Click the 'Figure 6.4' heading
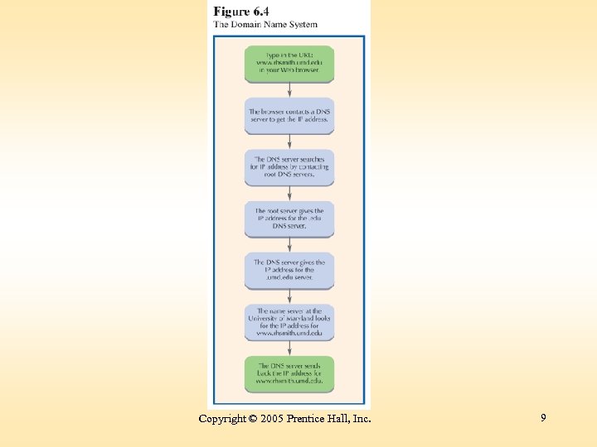[x=241, y=12]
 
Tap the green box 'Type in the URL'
[x=289, y=64]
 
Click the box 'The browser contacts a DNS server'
[x=289, y=115]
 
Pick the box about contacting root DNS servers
[x=289, y=166]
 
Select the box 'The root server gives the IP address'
[x=289, y=218]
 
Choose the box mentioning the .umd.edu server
[x=289, y=270]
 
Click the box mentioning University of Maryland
[x=289, y=322]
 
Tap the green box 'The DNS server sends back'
[x=289, y=374]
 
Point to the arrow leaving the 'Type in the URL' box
[x=289, y=90]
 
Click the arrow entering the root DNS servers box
[x=289, y=142]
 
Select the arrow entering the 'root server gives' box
[x=289, y=193]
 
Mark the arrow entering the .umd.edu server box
[x=289, y=244]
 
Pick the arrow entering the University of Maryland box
[x=289, y=296]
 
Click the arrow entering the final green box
[x=289, y=348]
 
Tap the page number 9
[x=543, y=418]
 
